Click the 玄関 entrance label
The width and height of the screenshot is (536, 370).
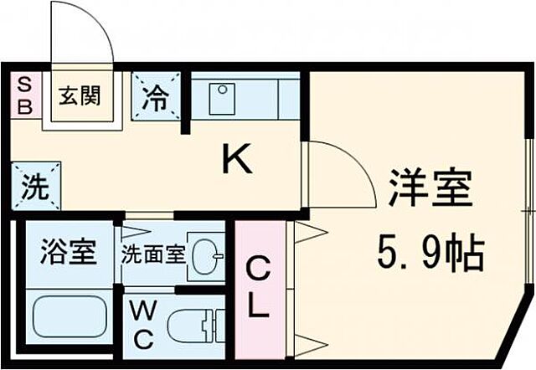80,95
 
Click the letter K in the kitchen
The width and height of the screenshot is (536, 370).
236,159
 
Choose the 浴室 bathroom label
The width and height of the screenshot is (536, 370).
67,251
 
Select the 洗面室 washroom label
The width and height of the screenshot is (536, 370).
152,253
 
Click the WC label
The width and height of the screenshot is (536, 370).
143,327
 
